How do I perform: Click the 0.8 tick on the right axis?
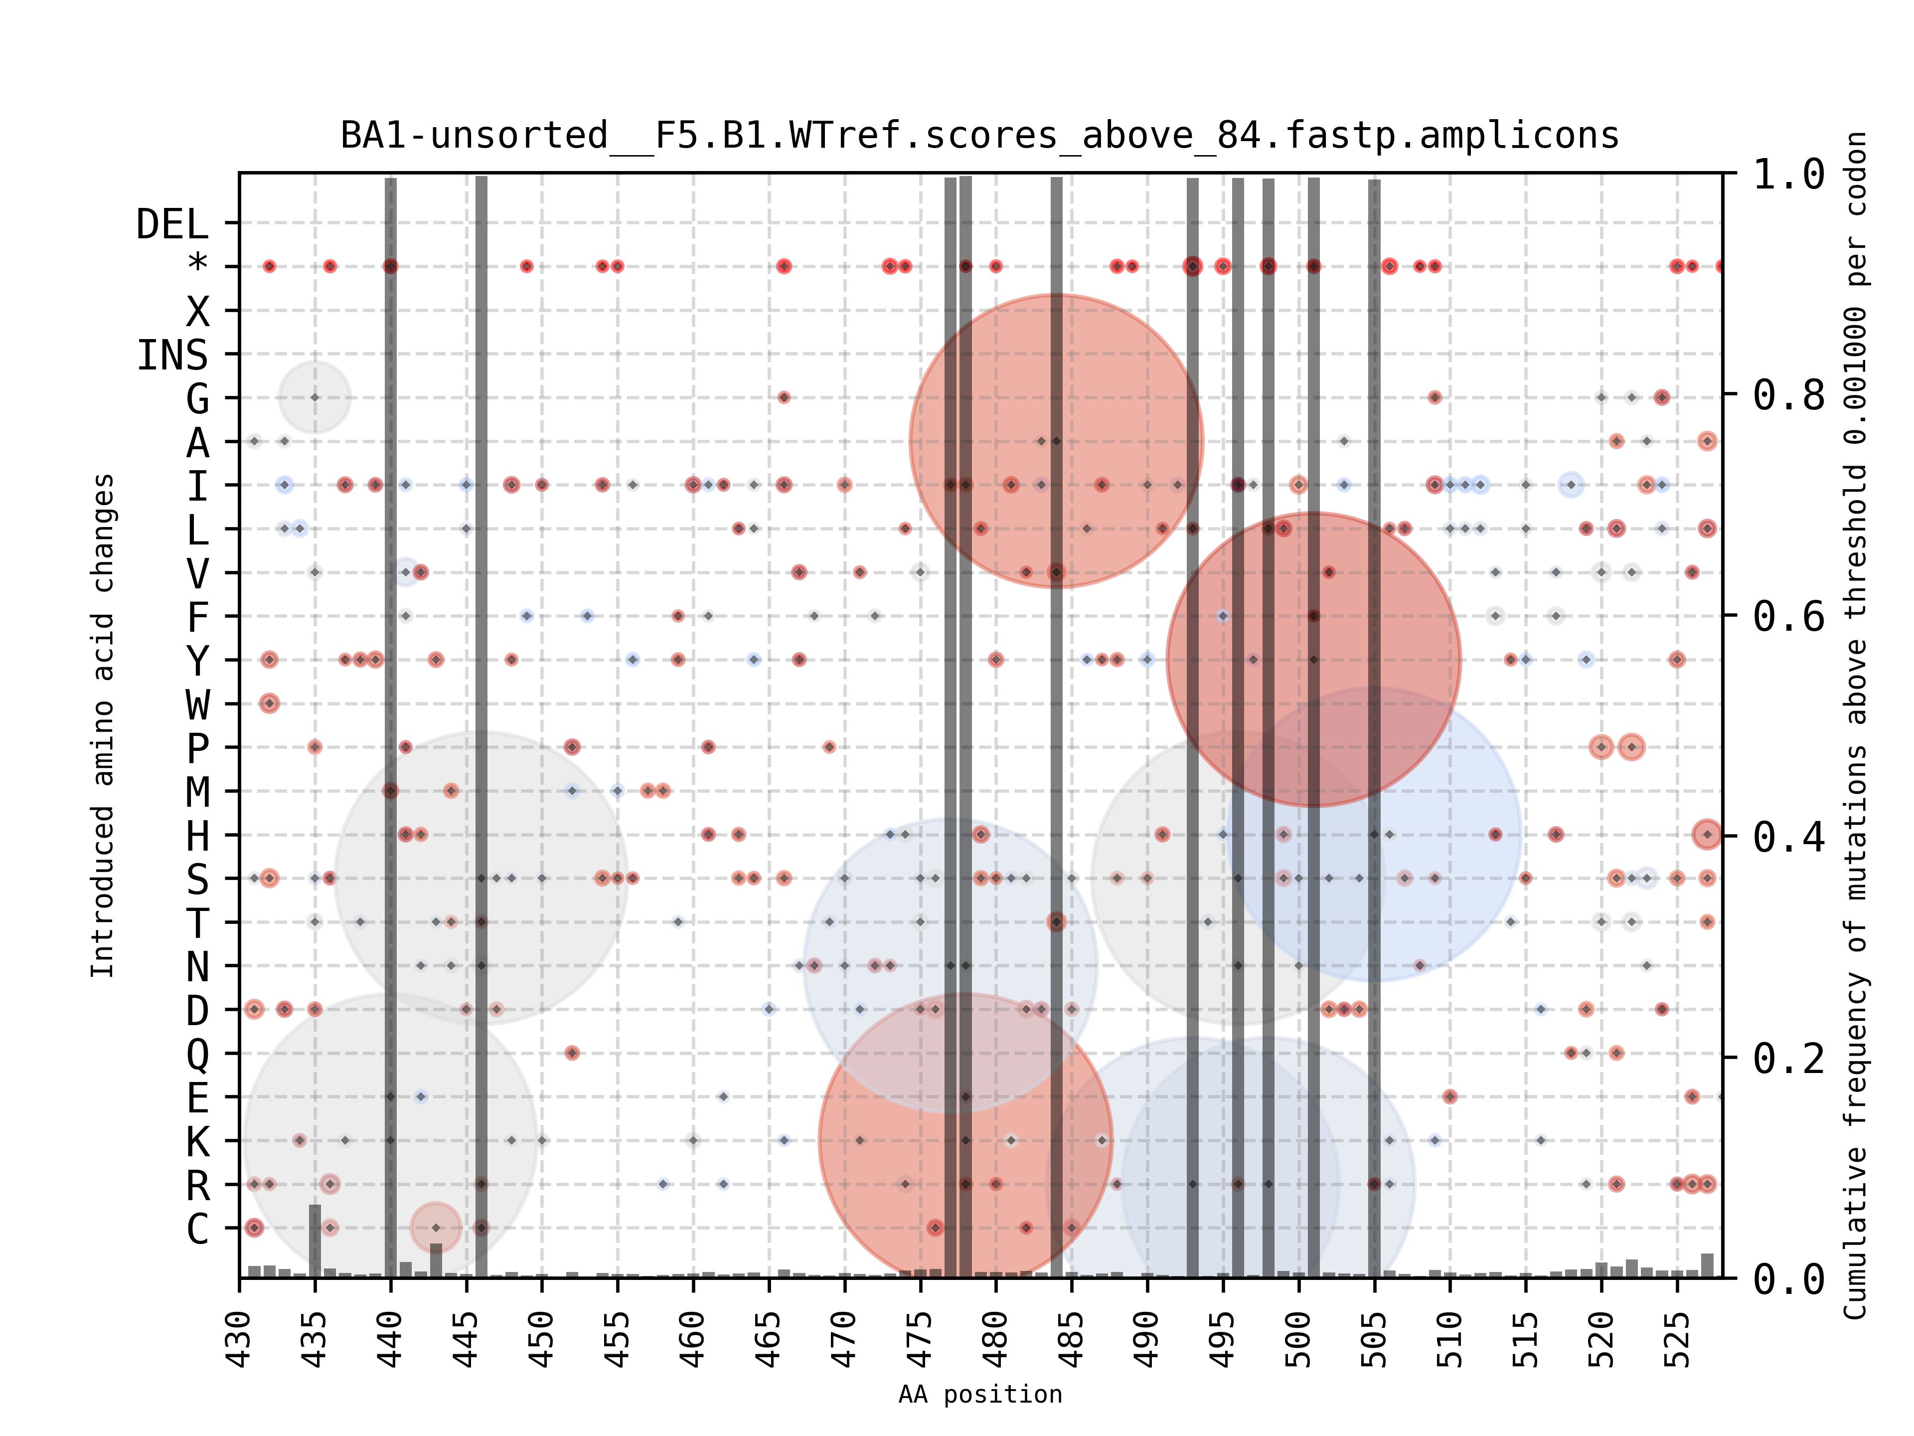[1788, 395]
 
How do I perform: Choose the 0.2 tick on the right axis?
[1788, 1058]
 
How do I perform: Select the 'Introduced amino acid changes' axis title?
[102, 725]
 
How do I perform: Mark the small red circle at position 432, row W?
[269, 703]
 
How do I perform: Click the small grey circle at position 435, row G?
[315, 397]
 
